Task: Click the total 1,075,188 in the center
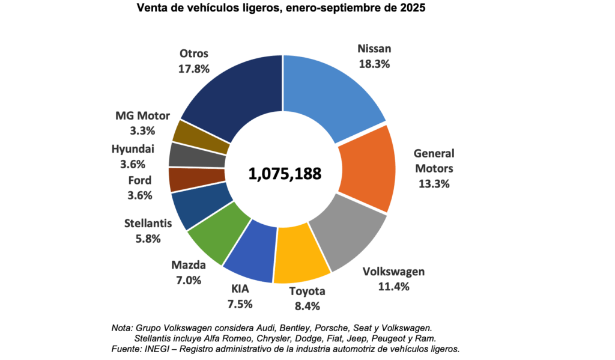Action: pyautogui.click(x=285, y=174)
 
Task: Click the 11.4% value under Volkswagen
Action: pyautogui.click(x=393, y=286)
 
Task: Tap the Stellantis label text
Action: pyautogui.click(x=148, y=224)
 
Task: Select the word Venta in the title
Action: pyautogui.click(x=151, y=8)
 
